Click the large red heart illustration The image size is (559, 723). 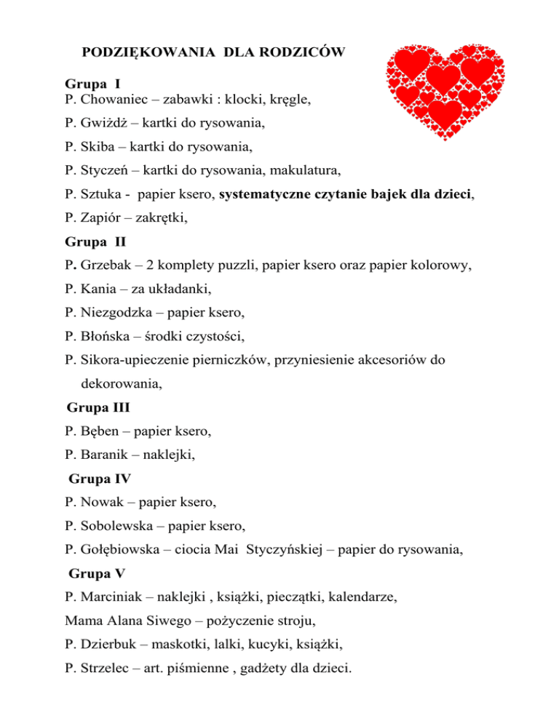(x=440, y=91)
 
